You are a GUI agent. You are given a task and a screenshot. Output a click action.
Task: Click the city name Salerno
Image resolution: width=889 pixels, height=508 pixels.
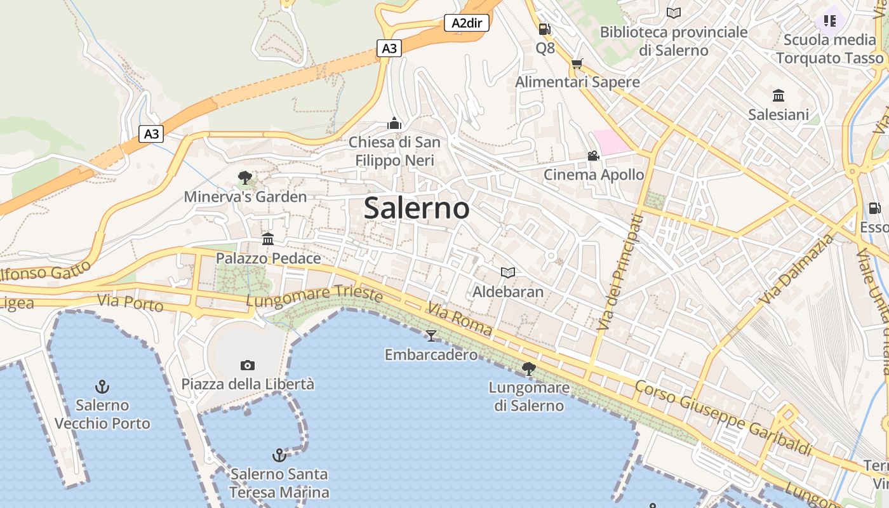pyautogui.click(x=417, y=208)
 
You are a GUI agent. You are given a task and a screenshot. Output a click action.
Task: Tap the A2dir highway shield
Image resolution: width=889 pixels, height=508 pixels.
pyautogui.click(x=466, y=23)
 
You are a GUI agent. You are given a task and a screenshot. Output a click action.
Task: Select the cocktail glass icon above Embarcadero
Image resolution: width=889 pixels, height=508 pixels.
pyautogui.click(x=431, y=335)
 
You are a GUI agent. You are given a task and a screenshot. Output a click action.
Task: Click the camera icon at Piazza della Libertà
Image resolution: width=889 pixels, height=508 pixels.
pyautogui.click(x=248, y=365)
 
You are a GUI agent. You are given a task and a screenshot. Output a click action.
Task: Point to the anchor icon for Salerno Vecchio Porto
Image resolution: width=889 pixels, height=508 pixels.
pyautogui.click(x=102, y=386)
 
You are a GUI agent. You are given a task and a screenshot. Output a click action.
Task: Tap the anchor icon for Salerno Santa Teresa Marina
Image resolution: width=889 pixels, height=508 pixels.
pyautogui.click(x=279, y=455)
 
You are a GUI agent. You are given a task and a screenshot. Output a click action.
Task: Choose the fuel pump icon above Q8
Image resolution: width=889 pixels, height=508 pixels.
pyautogui.click(x=544, y=29)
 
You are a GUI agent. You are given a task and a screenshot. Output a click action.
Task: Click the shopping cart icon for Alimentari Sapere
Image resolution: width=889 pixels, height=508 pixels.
pyautogui.click(x=577, y=63)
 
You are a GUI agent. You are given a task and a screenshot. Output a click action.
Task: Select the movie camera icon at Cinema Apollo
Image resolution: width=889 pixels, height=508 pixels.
pyautogui.click(x=593, y=156)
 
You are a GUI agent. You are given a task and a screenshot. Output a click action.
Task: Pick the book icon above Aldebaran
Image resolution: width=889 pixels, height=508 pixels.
pyautogui.click(x=507, y=273)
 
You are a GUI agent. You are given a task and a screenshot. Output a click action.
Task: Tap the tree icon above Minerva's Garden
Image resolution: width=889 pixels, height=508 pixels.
pyautogui.click(x=244, y=178)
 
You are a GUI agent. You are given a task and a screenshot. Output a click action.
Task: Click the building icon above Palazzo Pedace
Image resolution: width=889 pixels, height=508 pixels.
pyautogui.click(x=268, y=239)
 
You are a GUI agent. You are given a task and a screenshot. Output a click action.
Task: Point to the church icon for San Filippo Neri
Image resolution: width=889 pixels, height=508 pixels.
pyautogui.click(x=394, y=123)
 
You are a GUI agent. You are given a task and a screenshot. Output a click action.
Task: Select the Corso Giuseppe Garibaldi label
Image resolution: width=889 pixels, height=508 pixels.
pyautogui.click(x=723, y=418)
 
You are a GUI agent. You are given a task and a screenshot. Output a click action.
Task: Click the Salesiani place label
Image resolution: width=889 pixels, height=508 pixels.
pyautogui.click(x=779, y=114)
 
